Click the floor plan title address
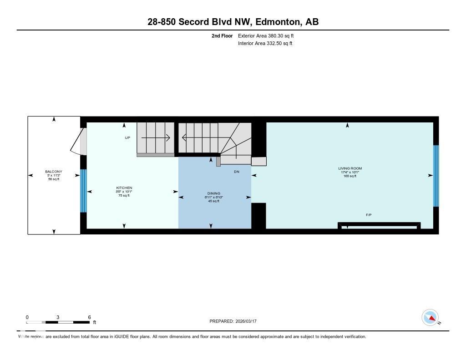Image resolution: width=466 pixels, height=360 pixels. (233, 21)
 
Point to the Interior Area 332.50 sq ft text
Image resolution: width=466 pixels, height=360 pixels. (265, 44)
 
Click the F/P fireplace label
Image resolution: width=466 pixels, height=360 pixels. (369, 215)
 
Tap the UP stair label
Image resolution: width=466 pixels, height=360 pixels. (127, 137)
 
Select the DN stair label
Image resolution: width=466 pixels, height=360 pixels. (237, 172)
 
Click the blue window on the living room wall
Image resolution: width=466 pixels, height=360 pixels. (436, 176)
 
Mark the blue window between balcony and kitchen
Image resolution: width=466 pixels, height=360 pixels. (83, 191)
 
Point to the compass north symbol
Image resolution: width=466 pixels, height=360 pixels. (430, 317)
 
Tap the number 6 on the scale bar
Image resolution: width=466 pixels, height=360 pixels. (90, 317)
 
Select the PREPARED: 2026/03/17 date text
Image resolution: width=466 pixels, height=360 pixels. (236, 321)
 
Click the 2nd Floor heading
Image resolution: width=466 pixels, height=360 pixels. (222, 35)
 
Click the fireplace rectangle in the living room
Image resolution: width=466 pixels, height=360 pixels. (379, 225)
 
